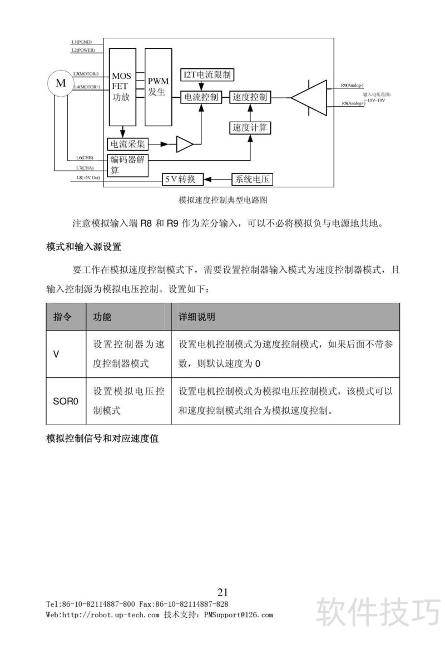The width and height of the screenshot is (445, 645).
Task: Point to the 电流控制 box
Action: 201,97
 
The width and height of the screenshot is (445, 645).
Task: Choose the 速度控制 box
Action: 250,97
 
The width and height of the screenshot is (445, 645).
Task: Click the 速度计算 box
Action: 250,127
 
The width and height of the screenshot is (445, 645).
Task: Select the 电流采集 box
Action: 128,144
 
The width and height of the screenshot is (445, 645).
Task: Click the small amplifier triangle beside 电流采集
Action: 185,144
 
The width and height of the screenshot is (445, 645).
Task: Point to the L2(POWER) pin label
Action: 83,50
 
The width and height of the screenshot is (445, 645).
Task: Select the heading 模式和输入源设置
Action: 83,246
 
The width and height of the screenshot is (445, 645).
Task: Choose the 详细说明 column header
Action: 196,317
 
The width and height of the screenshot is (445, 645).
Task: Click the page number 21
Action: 222,592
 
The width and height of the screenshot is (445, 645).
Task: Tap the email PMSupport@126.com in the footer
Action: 239,615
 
